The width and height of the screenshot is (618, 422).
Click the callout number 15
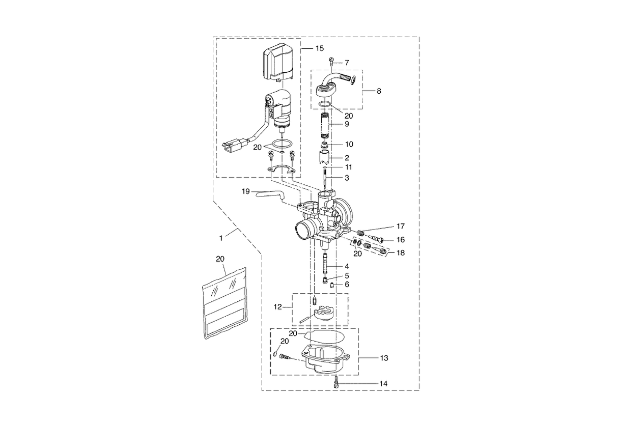point(319,48)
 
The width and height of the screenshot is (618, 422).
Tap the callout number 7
point(347,63)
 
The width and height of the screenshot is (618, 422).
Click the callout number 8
point(378,91)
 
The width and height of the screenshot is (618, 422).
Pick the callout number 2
point(347,158)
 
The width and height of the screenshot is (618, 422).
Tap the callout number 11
point(348,167)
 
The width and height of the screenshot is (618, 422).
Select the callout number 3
point(347,178)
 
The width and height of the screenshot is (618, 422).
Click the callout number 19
point(246,192)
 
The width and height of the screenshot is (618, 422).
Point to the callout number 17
point(401,226)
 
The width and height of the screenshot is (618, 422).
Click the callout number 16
point(401,239)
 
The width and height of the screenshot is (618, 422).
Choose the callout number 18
point(401,252)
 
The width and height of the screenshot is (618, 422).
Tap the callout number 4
point(347,266)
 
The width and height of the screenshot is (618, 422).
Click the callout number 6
point(347,285)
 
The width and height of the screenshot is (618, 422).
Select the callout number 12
point(277,307)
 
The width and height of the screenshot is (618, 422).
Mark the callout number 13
point(383,358)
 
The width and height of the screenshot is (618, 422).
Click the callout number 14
point(383,382)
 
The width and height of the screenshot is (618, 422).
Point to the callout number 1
point(221,238)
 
